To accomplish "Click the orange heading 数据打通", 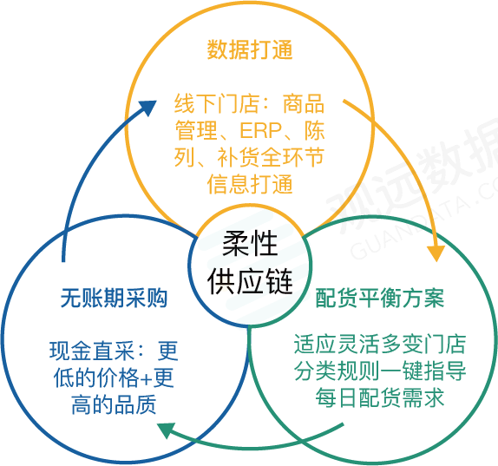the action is tap(250, 49).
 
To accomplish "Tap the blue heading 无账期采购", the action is tap(114, 298).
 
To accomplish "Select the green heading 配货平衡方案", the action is tap(380, 298).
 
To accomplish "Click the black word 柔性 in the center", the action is tap(250, 243).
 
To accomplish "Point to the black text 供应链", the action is tap(250, 281).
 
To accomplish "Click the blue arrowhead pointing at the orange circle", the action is tap(147, 108).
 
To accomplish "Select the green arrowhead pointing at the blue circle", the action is tap(167, 430).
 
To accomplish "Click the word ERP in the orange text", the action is tap(261, 130).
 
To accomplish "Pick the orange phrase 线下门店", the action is tap(216, 104).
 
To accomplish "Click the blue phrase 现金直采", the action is tap(92, 351).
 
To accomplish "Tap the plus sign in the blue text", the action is tap(146, 378).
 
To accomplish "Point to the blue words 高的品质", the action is tap(114, 404).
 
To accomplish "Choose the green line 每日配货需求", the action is tap(380, 397).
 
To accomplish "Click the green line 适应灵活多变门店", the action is tap(380, 344).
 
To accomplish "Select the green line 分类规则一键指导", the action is tap(380, 371).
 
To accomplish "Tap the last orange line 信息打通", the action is tap(250, 184).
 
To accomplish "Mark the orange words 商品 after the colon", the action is tap(304, 104).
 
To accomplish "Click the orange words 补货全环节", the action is tap(271, 157).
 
